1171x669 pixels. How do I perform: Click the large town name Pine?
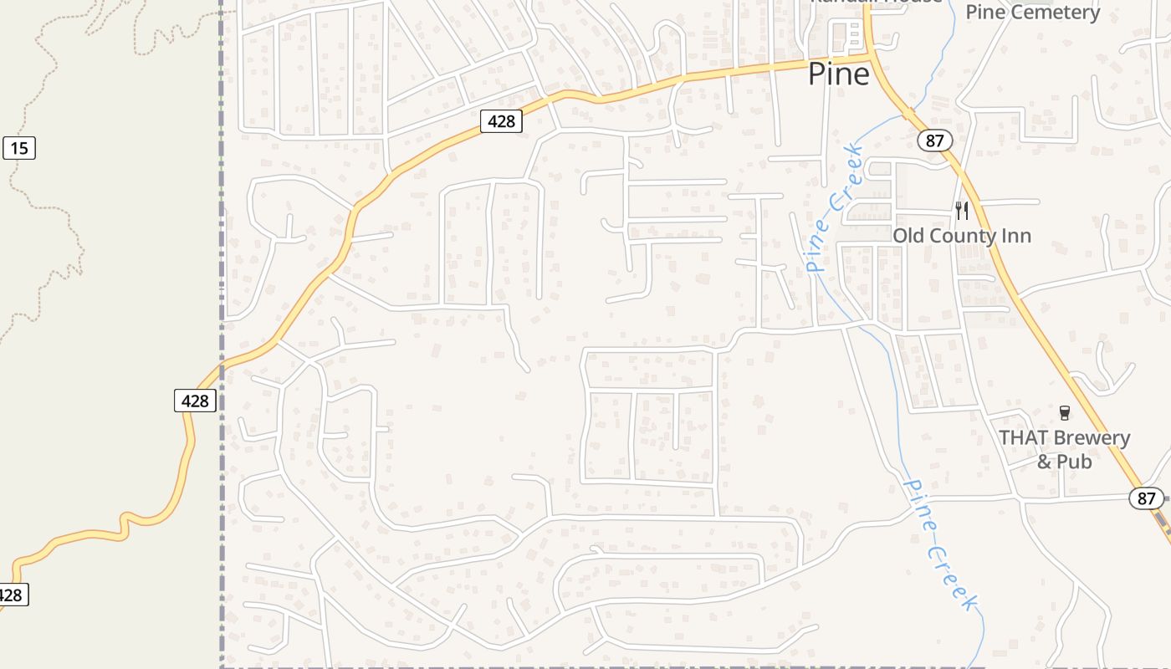[838, 74]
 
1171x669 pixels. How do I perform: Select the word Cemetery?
[1063, 12]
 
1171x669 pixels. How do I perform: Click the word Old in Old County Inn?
[909, 236]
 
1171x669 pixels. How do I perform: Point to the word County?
[963, 236]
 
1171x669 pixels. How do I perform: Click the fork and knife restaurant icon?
[962, 210]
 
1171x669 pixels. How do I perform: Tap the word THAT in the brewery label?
[1024, 437]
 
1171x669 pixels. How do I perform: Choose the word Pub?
[1075, 461]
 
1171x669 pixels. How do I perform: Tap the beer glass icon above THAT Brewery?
[1064, 412]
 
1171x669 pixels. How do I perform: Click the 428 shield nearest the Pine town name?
[501, 121]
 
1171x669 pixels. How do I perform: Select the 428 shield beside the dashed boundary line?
[195, 401]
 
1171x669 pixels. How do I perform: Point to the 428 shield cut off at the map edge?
[12, 595]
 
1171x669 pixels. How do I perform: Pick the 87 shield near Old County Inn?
[934, 140]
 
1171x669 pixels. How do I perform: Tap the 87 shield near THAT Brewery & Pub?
[1146, 498]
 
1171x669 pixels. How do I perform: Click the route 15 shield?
[19, 149]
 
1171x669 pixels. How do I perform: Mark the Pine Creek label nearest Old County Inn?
[833, 209]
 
